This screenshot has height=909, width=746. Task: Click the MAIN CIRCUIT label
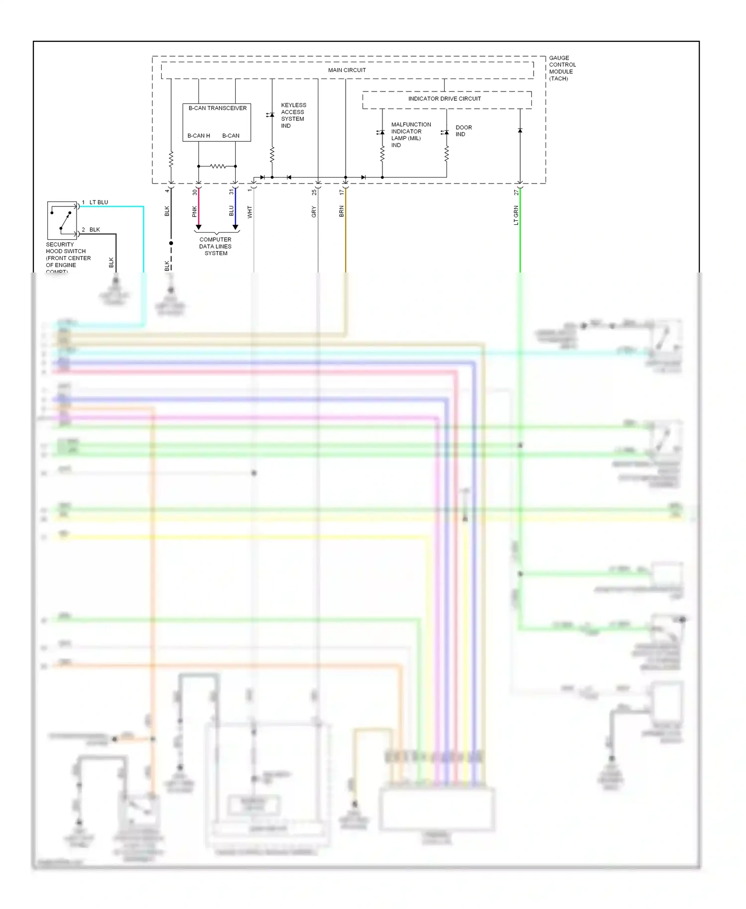coord(347,70)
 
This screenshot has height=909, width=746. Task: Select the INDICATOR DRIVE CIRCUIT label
coord(444,98)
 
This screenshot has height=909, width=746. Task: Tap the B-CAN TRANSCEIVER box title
coord(217,108)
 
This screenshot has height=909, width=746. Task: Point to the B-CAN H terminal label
coord(198,135)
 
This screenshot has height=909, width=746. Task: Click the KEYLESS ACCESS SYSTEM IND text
coord(293,115)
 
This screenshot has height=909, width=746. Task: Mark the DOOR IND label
coord(463,131)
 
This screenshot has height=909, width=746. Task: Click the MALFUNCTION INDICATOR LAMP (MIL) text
coord(410,135)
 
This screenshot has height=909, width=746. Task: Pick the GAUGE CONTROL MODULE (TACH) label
coord(562,68)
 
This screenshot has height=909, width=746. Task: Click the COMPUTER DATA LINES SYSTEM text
coord(215,246)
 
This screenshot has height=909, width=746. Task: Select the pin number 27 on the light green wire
coord(516,192)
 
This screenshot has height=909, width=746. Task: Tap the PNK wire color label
coord(194,211)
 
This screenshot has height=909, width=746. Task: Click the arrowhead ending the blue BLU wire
coord(235,227)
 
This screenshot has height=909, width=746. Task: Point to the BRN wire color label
coord(342,211)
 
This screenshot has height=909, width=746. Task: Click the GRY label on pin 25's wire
coord(314,212)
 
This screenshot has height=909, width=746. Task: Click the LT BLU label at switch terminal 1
coord(98,202)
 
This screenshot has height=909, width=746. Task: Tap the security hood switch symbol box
coord(62,220)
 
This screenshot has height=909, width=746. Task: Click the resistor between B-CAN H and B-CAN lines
coord(217,166)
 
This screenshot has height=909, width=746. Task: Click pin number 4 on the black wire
coord(167,191)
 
